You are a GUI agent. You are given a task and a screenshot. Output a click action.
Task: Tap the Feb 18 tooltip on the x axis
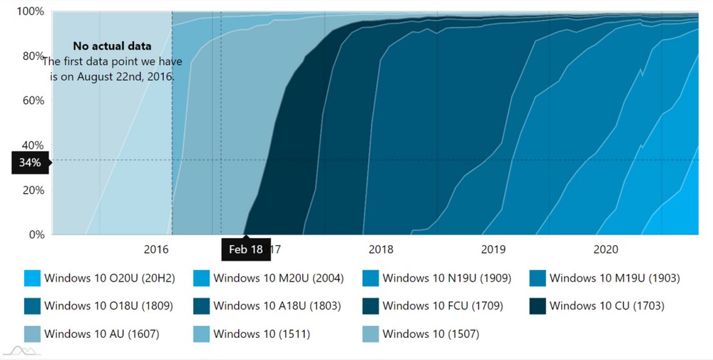pyautogui.click(x=246, y=250)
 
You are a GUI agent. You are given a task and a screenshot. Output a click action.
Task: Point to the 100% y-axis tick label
pyautogui.click(x=31, y=11)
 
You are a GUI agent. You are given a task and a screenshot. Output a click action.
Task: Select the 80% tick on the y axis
pyautogui.click(x=34, y=56)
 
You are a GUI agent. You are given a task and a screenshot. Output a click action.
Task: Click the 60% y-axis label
pyautogui.click(x=34, y=101)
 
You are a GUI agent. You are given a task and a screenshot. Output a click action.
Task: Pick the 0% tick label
pyautogui.click(x=36, y=234)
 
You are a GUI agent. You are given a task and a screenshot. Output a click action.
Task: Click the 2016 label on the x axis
pyautogui.click(x=156, y=250)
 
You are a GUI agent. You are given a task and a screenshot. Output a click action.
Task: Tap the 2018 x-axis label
pyautogui.click(x=381, y=250)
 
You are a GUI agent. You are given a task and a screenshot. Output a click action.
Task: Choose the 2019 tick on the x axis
pyautogui.click(x=493, y=250)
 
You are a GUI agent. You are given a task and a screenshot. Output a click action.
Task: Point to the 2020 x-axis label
pyautogui.click(x=605, y=250)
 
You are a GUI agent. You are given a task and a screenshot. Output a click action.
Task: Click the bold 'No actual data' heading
pyautogui.click(x=112, y=46)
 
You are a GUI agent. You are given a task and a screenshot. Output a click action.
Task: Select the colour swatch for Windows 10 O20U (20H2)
pyautogui.click(x=32, y=278)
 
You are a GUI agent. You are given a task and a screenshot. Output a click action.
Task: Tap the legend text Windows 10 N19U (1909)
pyautogui.click(x=446, y=278)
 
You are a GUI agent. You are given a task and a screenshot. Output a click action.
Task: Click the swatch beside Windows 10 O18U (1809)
pyautogui.click(x=32, y=306)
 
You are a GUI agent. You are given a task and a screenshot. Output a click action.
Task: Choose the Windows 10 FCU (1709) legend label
pyautogui.click(x=443, y=306)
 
